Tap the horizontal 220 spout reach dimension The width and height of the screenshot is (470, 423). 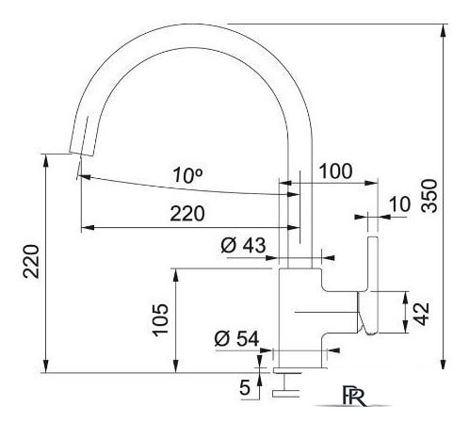[187, 214]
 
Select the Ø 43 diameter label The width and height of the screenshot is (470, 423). [242, 245]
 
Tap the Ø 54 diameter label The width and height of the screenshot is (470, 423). [235, 338]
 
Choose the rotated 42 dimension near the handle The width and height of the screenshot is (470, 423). [426, 312]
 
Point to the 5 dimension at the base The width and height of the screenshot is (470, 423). [245, 385]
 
